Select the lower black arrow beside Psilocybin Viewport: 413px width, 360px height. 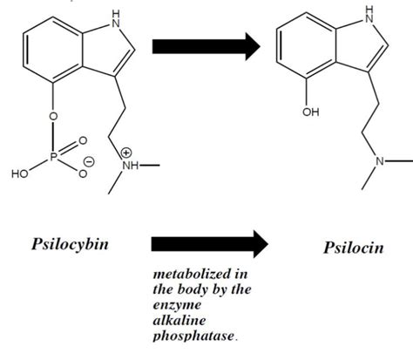(206, 247)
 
